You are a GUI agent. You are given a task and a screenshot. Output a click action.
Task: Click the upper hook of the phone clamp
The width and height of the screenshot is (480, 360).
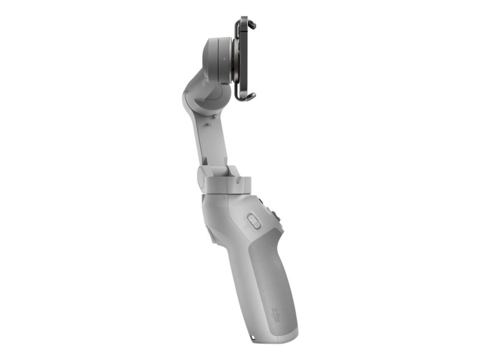click(251, 25)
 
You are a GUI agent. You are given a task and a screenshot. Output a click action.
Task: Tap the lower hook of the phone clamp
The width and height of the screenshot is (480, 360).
click(249, 96)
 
